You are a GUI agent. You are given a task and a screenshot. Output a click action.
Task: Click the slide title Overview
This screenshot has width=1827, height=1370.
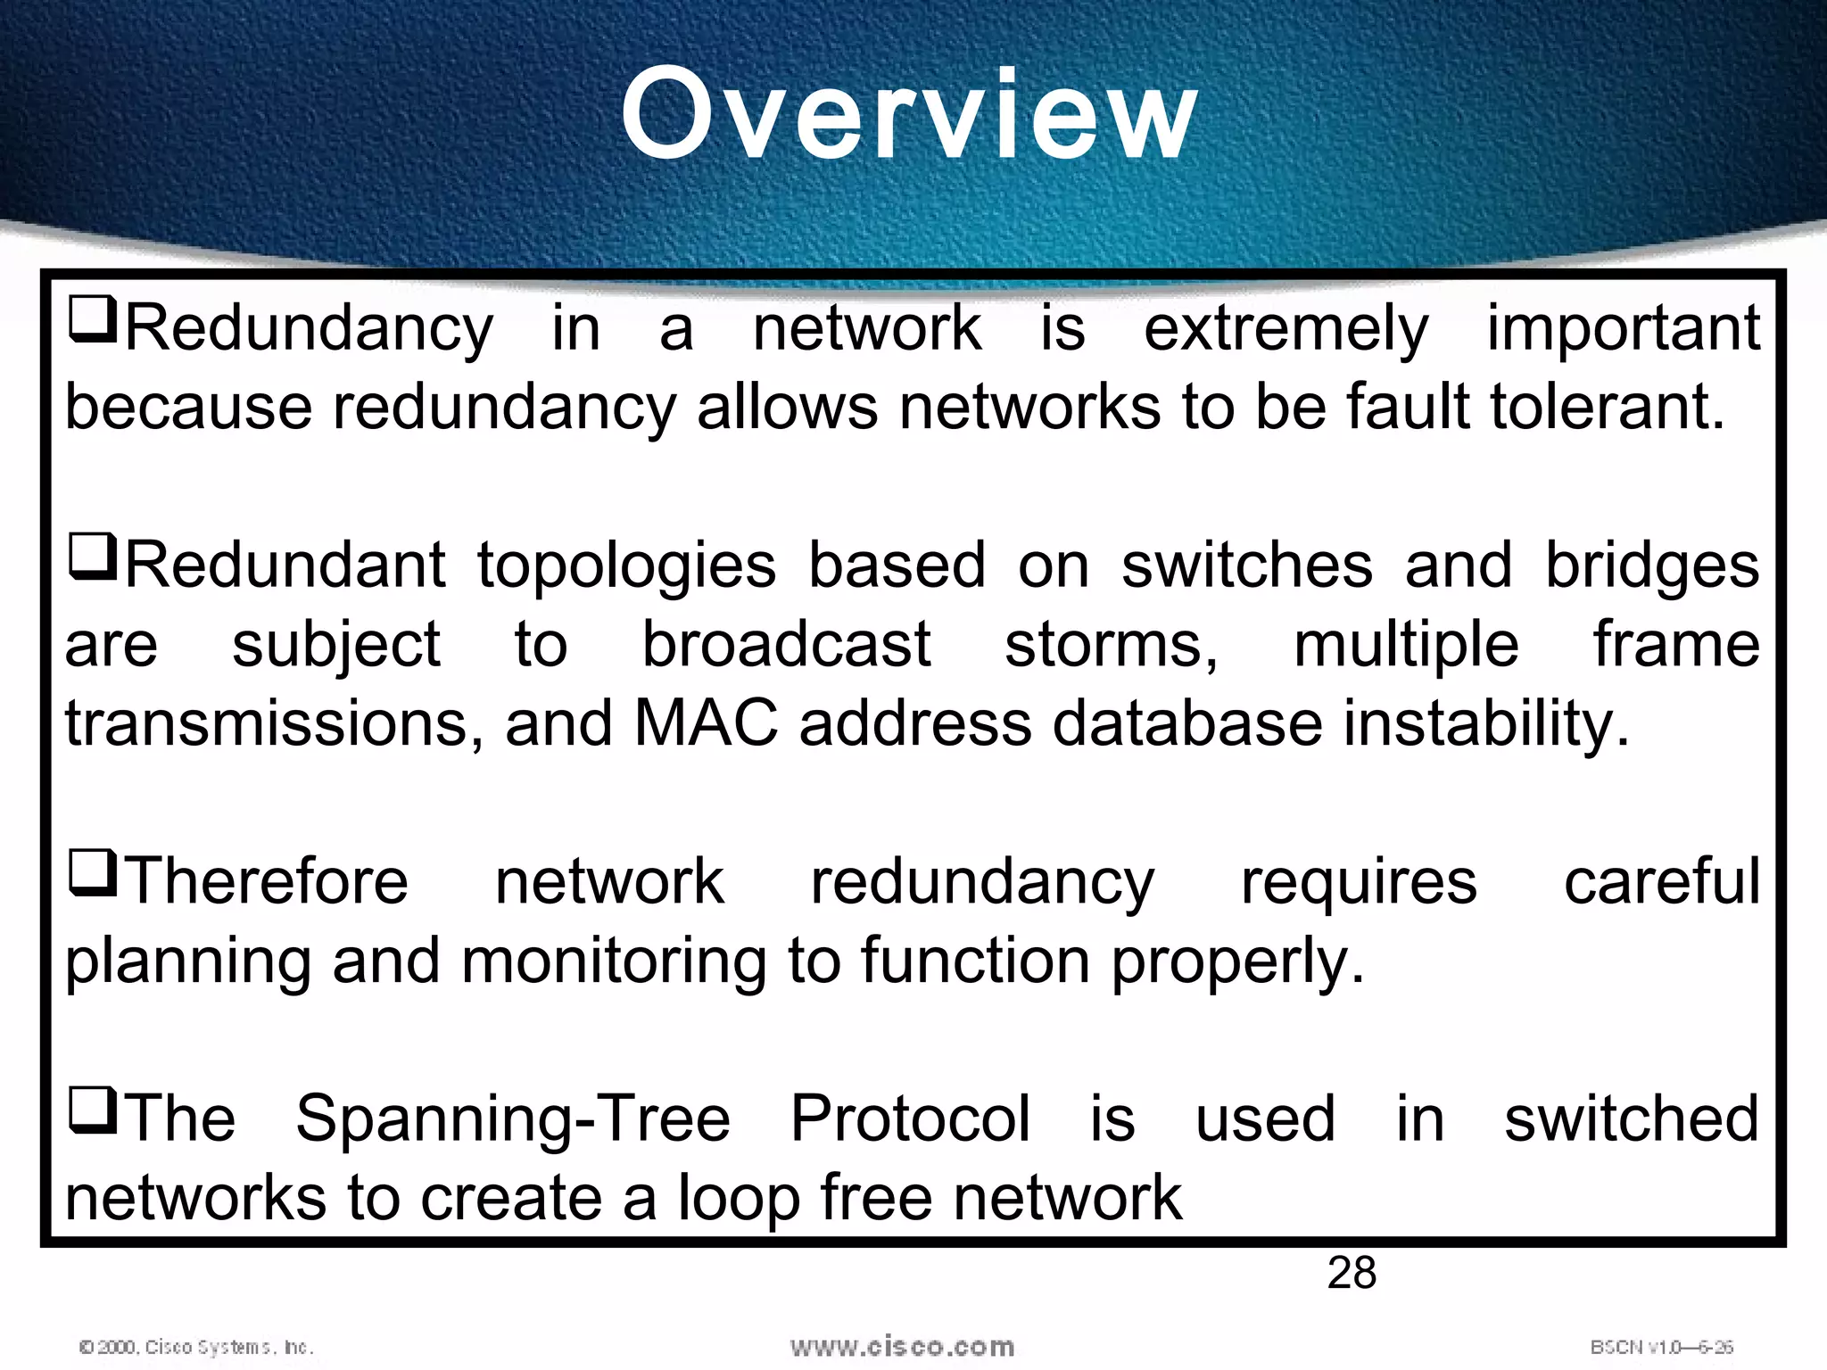(x=910, y=116)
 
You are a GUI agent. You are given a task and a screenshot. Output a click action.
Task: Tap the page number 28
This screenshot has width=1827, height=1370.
(x=1352, y=1273)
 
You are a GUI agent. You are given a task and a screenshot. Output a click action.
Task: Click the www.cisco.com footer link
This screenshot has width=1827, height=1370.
(x=902, y=1346)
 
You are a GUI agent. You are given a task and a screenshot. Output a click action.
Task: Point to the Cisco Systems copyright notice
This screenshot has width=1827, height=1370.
(x=196, y=1347)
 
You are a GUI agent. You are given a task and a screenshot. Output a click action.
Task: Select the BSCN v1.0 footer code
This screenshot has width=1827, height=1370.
(x=1661, y=1347)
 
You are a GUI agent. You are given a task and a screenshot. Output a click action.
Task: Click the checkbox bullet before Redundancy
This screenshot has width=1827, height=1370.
(x=93, y=321)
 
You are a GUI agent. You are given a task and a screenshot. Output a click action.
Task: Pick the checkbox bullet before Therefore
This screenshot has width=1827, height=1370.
(x=93, y=873)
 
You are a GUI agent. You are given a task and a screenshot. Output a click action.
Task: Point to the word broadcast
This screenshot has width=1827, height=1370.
(x=786, y=645)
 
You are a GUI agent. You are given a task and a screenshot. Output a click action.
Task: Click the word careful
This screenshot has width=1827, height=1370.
(x=1662, y=882)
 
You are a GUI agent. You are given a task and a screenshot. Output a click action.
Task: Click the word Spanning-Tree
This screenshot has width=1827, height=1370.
(x=513, y=1120)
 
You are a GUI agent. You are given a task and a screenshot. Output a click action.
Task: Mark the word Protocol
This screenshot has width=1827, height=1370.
(x=910, y=1118)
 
